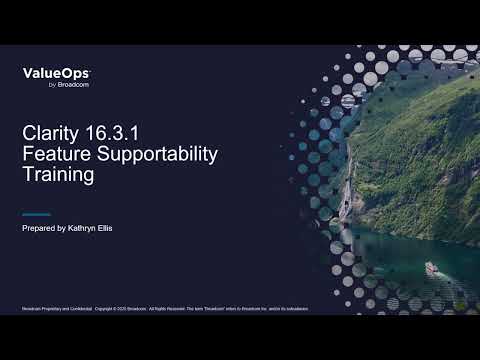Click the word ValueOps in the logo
[x=56, y=73]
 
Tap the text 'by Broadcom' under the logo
[x=67, y=85]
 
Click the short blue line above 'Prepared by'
[x=36, y=215]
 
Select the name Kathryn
[x=85, y=229]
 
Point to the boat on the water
[x=431, y=268]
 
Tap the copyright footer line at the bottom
[x=165, y=308]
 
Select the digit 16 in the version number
[x=100, y=132]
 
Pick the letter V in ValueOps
[x=27, y=73]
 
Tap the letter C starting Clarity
[x=28, y=132]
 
